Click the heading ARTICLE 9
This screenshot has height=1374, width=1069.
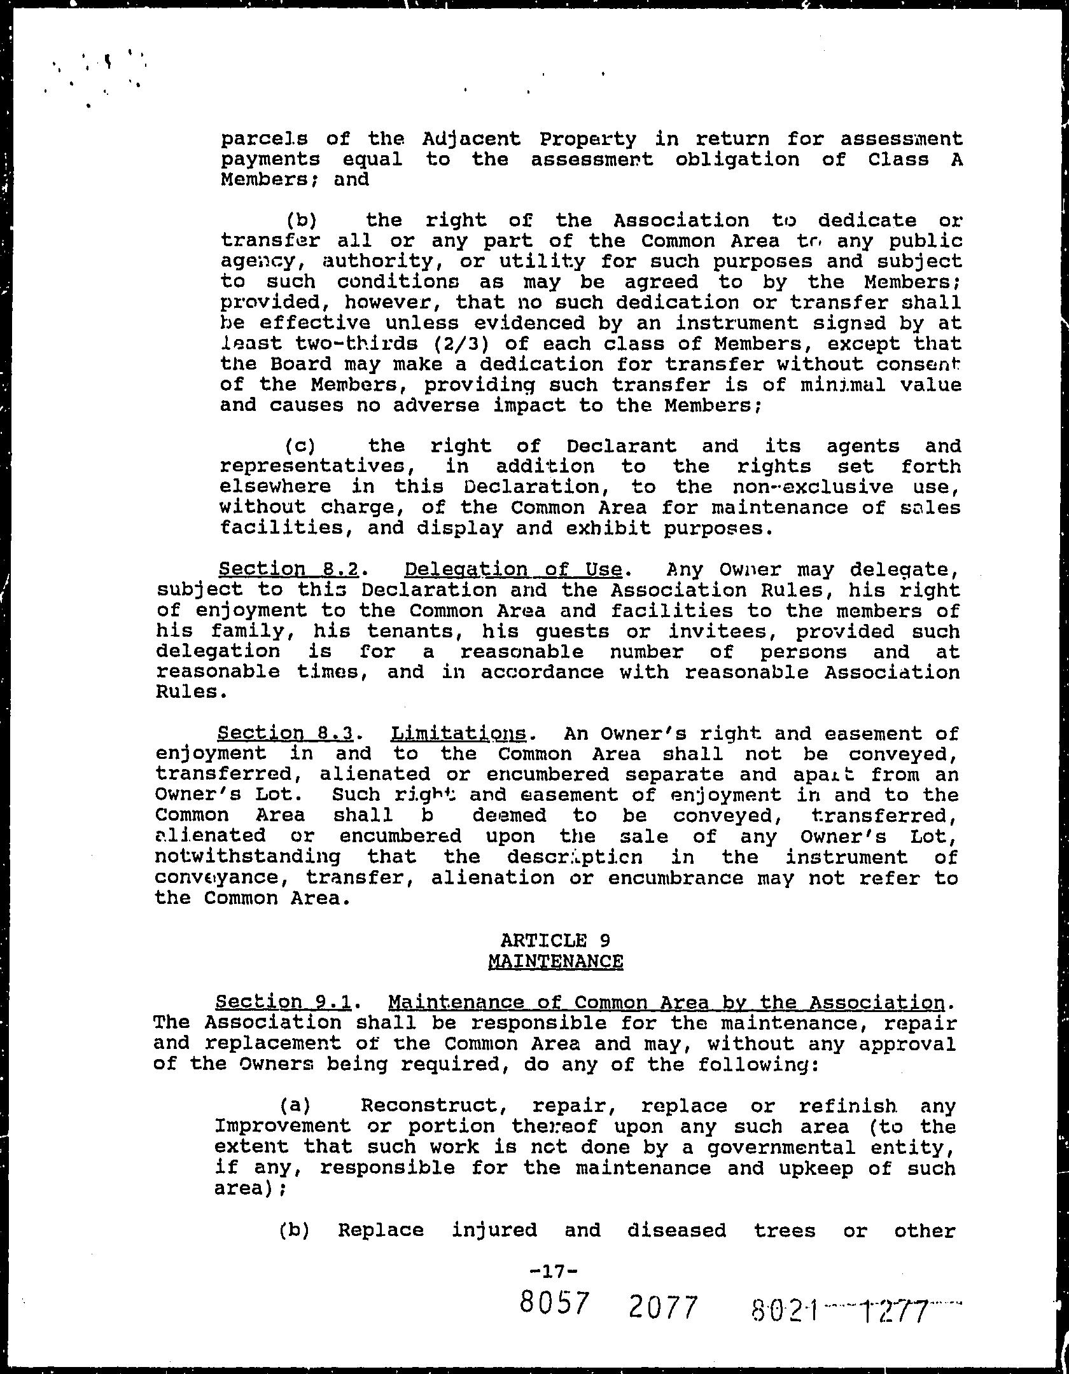coord(555,940)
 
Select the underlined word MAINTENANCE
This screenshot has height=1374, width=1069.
coord(555,961)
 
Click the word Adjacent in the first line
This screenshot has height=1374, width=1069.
coord(471,139)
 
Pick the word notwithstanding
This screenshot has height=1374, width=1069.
coord(248,857)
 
